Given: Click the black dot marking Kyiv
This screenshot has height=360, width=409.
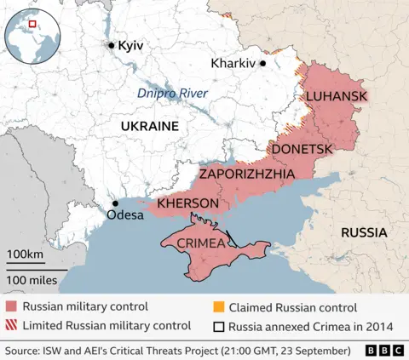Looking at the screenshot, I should click(111, 45).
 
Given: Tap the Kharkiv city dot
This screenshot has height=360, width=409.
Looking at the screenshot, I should click(263, 63).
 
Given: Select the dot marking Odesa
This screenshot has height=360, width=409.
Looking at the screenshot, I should click(115, 203).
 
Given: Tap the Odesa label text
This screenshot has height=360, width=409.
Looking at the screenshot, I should click(125, 216).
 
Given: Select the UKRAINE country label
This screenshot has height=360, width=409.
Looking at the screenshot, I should click(149, 126).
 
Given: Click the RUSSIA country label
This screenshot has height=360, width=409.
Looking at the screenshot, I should click(364, 232).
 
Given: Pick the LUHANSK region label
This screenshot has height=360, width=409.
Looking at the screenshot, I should click(337, 96).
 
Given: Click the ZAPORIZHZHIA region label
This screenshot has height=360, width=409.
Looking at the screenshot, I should click(247, 174).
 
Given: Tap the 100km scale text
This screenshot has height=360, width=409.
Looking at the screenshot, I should click(26, 255).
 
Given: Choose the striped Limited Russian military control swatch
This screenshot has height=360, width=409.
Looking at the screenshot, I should click(11, 325).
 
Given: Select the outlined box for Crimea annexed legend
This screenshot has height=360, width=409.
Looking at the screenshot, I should click(220, 325).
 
